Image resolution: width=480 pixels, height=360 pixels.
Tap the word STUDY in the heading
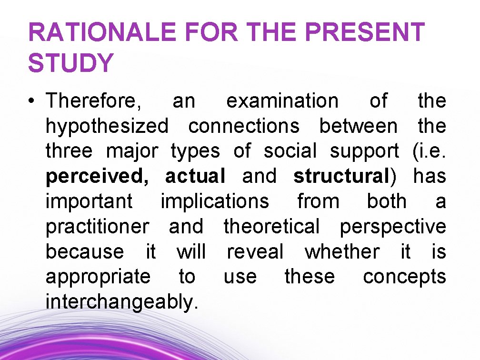[71, 63]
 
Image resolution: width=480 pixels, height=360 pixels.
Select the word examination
[282, 101]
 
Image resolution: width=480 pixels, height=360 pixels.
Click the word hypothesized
[107, 127]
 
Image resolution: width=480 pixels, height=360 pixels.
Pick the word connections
[244, 127]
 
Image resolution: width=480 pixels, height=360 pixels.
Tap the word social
[290, 151]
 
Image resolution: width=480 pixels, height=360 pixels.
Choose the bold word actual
[195, 177]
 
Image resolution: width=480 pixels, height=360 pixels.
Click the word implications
[215, 202]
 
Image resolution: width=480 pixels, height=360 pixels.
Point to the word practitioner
[97, 227]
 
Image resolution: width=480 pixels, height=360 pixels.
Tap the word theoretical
[272, 227]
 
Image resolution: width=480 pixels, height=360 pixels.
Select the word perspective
[393, 227]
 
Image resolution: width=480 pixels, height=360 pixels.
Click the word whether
[342, 252]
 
